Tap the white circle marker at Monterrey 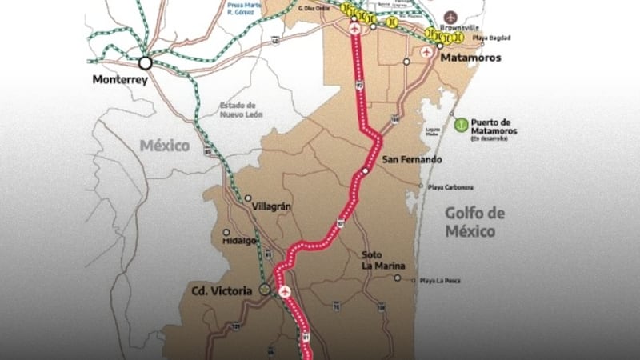pos(146,62)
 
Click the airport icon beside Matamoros pos(426,51)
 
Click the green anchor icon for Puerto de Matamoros pos(460,124)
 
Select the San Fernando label pos(413,160)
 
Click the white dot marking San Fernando pos(366,170)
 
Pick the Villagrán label pos(271,206)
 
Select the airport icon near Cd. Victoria pos(283,290)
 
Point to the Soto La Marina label pos(382,259)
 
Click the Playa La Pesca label pos(439,281)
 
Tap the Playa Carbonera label pos(450,187)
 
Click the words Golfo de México pos(475,222)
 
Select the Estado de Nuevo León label pos(238,110)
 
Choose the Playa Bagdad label pos(494,38)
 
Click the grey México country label pos(165,146)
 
